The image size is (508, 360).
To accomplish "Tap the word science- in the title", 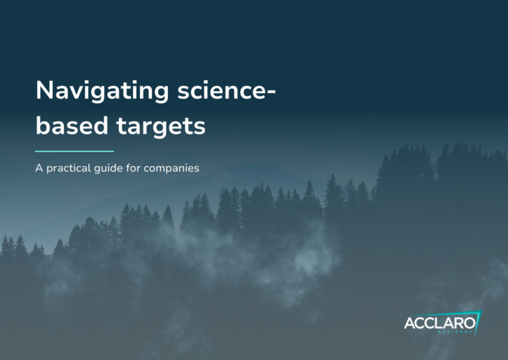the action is pos(226,90).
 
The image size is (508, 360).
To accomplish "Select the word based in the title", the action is pos(71,125).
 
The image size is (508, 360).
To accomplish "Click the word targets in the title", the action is pos(161,126).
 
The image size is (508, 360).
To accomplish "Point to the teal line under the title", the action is pos(74,151).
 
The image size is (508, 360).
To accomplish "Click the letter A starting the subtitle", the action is pos(39,168).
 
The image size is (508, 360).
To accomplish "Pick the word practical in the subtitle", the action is pos(68,168).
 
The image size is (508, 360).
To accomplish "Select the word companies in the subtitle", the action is pos(171,168).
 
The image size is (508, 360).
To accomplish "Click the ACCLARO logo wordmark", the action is pos(440,323).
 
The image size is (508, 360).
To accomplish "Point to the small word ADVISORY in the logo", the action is pos(455,332).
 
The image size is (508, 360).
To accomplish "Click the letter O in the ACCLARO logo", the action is pos(470,323).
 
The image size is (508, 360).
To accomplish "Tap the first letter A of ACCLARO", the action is pos(410,324).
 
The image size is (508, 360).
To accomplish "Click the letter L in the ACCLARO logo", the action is pos(438,324).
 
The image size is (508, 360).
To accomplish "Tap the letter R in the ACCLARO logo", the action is pos(458,324).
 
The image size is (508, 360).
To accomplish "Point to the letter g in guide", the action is pos(97,169).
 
